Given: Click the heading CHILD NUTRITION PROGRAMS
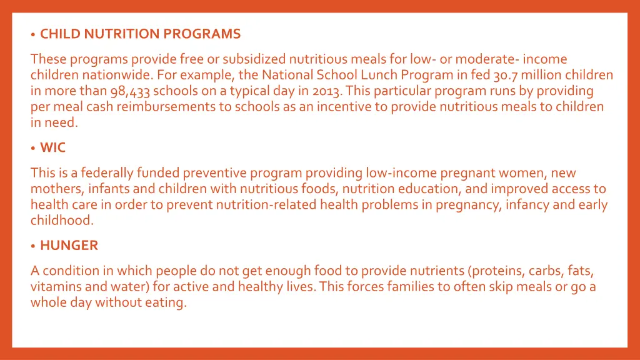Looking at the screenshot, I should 140,34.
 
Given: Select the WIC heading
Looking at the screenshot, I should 52,147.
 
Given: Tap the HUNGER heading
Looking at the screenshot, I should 69,245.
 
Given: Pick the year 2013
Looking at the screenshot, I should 327,91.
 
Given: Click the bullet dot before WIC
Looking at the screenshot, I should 33,149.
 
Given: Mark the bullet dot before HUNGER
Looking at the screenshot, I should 33,246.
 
